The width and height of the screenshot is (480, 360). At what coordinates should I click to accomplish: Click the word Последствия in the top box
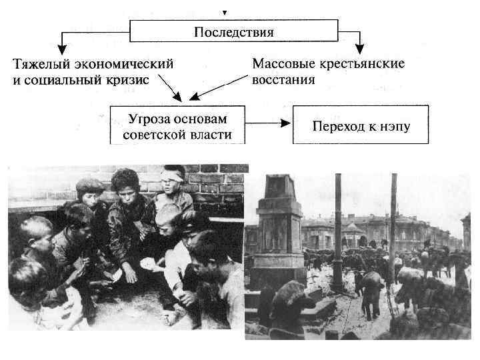point(233,31)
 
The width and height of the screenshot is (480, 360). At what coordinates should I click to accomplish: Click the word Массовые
point(281,65)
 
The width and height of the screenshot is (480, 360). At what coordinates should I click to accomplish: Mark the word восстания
point(283,80)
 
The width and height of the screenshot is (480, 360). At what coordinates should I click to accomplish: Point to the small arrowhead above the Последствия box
point(225,13)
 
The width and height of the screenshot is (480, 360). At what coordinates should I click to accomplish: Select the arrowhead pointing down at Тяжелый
point(62,48)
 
